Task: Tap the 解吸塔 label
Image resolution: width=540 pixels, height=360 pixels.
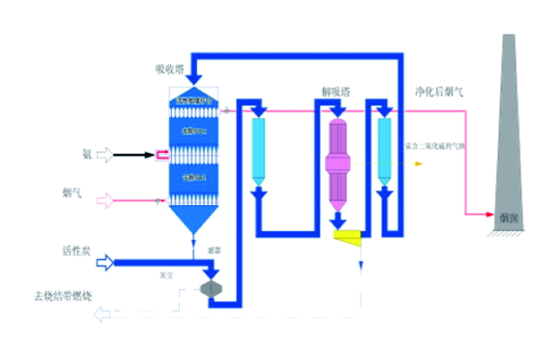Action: pyautogui.click(x=336, y=92)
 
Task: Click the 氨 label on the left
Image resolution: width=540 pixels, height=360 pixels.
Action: pyautogui.click(x=87, y=155)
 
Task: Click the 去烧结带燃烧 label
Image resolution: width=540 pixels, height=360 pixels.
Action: pyautogui.click(x=63, y=294)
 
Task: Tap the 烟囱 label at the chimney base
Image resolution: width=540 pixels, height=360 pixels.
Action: pyautogui.click(x=508, y=217)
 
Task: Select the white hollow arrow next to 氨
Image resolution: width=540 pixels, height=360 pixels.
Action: pyautogui.click(x=106, y=156)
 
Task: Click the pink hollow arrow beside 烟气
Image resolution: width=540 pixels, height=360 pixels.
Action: pyautogui.click(x=106, y=198)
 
